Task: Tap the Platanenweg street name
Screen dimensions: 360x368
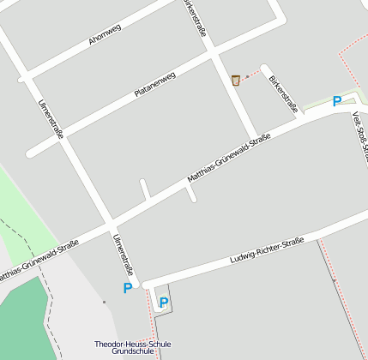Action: point(154,84)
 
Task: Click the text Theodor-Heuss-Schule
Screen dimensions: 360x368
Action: point(133,344)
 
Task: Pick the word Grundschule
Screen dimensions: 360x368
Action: point(133,352)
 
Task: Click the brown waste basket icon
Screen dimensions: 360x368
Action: point(235,80)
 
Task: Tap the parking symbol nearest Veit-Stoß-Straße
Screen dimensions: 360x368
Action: point(337,101)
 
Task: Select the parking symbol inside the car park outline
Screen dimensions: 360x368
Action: point(163,302)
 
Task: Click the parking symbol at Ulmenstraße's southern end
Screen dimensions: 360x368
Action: point(128,288)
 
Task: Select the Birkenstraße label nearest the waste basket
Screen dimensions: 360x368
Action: point(283,94)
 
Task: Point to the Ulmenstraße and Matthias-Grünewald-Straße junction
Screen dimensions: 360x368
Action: point(109,224)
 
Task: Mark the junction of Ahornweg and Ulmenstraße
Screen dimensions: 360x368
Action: point(25,79)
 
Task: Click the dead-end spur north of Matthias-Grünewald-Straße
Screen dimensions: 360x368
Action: point(145,188)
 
